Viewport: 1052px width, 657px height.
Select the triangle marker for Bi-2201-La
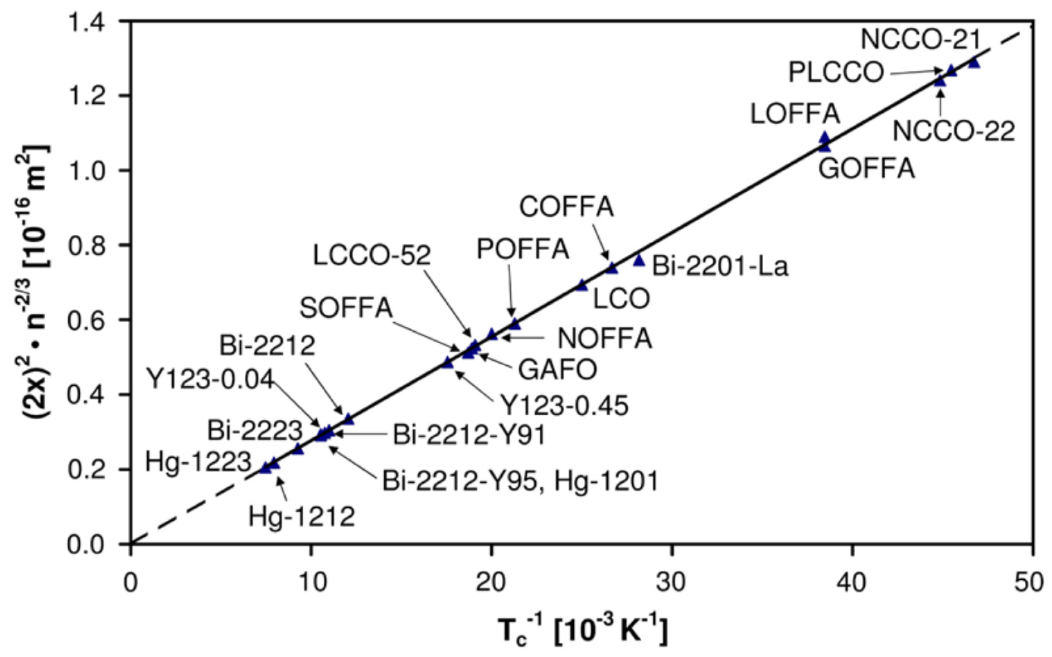[x=638, y=260]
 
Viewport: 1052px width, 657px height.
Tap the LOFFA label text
[x=795, y=114]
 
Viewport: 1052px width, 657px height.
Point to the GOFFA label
[x=867, y=169]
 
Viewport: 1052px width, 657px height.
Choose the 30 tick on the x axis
[x=671, y=583]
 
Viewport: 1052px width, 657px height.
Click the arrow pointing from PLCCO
[x=914, y=72]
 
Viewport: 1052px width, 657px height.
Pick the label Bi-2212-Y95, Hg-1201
[x=520, y=481]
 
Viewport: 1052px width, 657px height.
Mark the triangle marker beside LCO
[x=582, y=286]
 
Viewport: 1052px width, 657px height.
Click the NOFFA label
[x=605, y=338]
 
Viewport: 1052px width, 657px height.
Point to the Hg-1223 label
[x=198, y=461]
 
